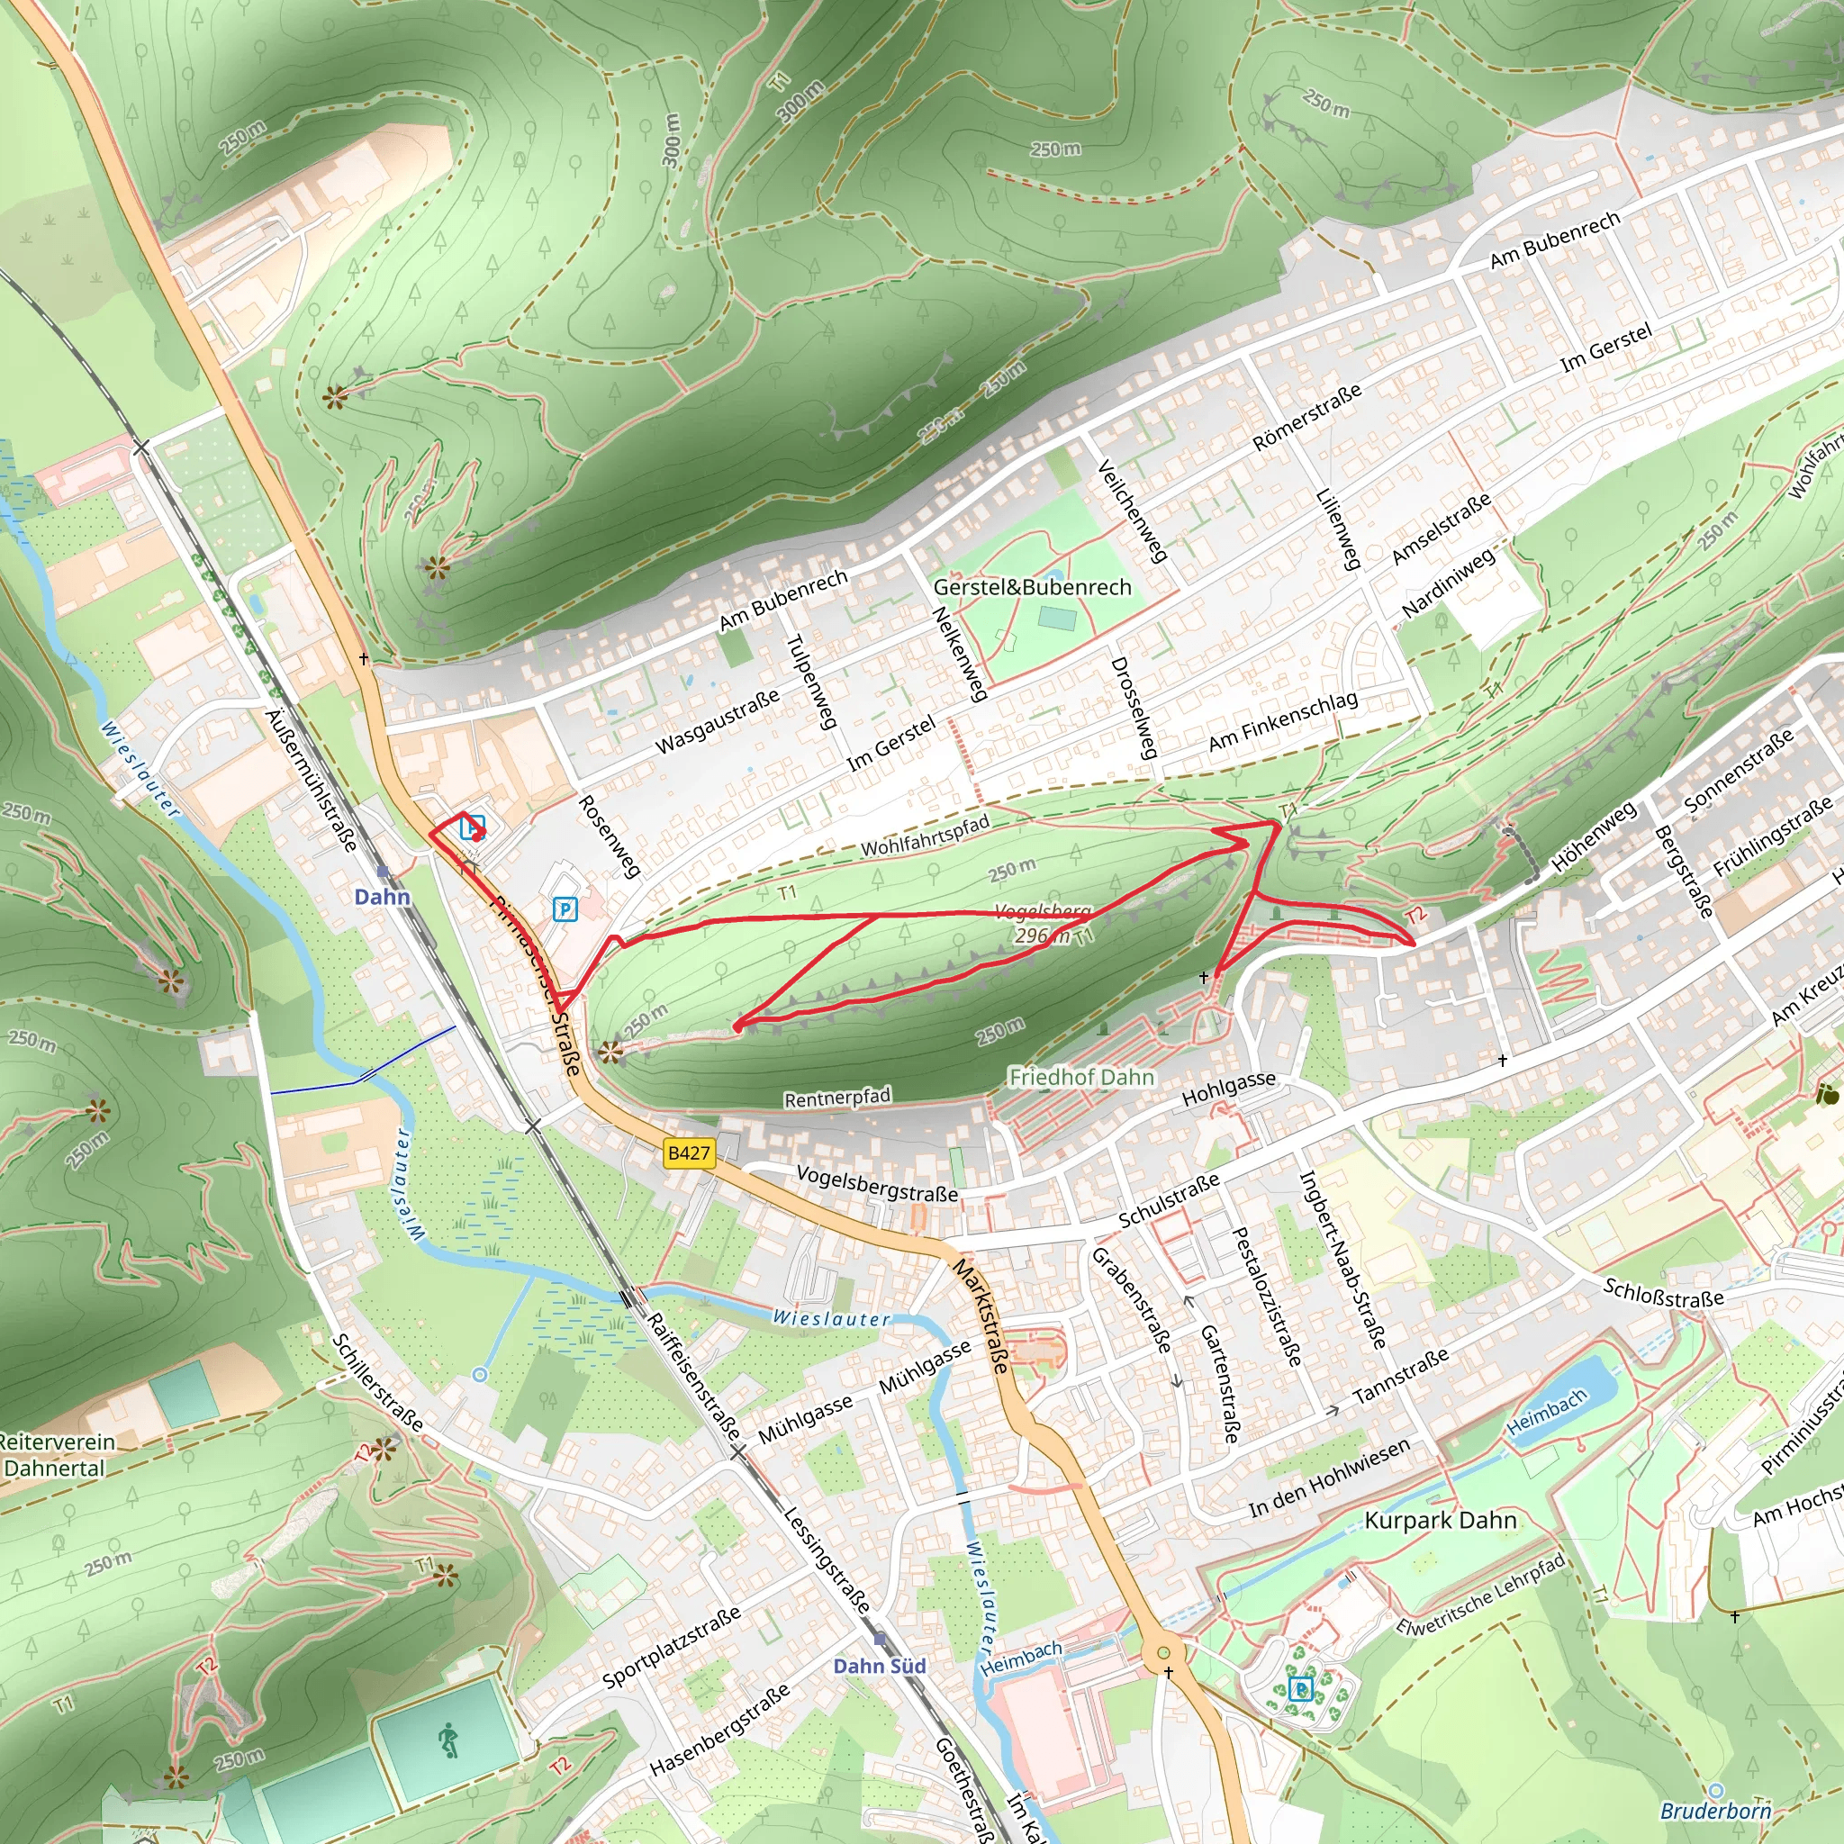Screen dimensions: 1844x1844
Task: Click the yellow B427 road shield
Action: pyautogui.click(x=688, y=1153)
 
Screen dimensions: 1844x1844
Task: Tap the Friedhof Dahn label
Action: pyautogui.click(x=1081, y=1078)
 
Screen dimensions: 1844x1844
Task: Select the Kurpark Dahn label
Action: pyautogui.click(x=1441, y=1521)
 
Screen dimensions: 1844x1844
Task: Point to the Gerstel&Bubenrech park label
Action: pyautogui.click(x=1032, y=587)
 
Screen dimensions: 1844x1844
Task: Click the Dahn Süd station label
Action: pyautogui.click(x=879, y=1667)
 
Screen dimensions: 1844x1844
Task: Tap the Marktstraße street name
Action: pyautogui.click(x=981, y=1316)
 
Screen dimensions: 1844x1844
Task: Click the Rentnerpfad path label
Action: pyautogui.click(x=837, y=1098)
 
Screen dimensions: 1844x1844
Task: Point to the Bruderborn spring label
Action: pyautogui.click(x=1715, y=1811)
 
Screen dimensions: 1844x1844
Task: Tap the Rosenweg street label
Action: pyautogui.click(x=609, y=836)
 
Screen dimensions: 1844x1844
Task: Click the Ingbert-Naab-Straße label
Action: pyautogui.click(x=1342, y=1259)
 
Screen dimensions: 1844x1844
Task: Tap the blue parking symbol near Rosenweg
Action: pyautogui.click(x=565, y=909)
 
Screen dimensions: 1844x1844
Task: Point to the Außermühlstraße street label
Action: pyautogui.click(x=312, y=781)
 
